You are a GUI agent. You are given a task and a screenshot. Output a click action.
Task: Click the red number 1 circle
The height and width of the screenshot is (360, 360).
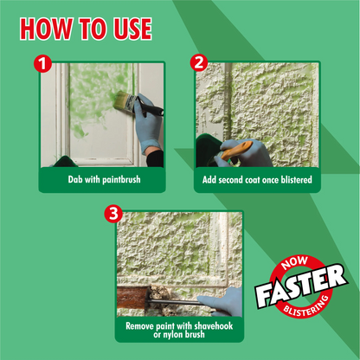42,64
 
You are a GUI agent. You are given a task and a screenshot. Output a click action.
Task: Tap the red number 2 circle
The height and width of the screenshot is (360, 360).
199,62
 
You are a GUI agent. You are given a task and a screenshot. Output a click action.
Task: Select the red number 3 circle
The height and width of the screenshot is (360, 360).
113,214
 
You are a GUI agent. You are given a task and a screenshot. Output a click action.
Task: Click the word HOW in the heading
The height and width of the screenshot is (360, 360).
46,29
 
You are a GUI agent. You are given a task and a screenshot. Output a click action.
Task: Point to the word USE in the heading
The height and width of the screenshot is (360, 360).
132,29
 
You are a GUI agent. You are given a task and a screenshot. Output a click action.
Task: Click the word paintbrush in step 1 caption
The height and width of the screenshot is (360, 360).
121,180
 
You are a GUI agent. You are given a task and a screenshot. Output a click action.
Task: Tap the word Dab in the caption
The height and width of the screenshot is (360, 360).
75,179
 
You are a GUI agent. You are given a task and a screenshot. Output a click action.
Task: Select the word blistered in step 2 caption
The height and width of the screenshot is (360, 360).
297,180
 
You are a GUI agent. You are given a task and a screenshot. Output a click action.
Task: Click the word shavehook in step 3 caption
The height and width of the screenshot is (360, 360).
214,326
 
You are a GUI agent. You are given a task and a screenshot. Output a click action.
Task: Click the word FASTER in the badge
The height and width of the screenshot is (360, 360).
301,286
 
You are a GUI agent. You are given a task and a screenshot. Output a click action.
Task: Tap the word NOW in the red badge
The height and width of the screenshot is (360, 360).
294,262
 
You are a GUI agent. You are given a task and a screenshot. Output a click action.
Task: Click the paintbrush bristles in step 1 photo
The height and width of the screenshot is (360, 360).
123,100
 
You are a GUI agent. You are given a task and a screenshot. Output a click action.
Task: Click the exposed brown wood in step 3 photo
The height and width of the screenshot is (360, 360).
132,297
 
